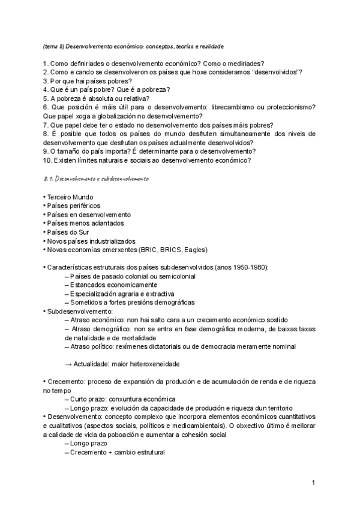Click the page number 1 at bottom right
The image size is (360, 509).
click(313, 482)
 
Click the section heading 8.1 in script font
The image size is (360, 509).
click(96, 179)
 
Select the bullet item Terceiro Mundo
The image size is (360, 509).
click(69, 197)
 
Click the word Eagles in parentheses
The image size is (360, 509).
click(197, 249)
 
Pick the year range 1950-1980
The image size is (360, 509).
click(247, 267)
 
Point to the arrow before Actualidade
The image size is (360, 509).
click(68, 364)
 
